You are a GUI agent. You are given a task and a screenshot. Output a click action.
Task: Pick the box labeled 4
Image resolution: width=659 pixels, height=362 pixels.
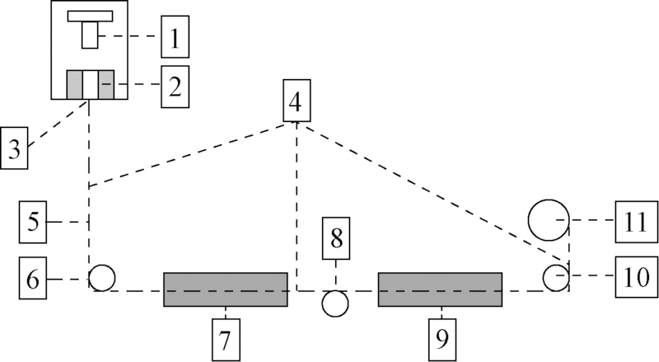click(296, 101)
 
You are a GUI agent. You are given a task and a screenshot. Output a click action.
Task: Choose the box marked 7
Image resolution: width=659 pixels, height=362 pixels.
click(227, 338)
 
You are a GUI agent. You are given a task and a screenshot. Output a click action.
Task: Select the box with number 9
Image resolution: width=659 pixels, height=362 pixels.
click(442, 338)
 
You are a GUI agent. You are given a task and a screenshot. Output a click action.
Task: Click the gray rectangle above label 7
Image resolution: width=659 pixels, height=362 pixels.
click(226, 289)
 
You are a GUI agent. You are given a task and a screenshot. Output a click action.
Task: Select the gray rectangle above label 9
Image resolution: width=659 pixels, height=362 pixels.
click(440, 289)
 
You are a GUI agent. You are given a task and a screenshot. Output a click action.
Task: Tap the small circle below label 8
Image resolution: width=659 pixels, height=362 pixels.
click(335, 303)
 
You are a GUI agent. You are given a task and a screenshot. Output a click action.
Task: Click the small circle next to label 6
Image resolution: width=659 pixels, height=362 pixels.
click(101, 278)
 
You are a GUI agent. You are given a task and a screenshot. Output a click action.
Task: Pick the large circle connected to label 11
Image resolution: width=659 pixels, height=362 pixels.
click(549, 220)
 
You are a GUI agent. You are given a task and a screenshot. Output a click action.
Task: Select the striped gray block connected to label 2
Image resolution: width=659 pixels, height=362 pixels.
click(89, 84)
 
